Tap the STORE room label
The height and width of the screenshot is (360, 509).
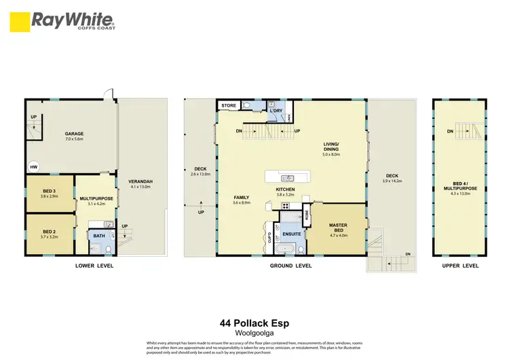(x=229, y=105)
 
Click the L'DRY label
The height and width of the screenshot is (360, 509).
(x=276, y=110)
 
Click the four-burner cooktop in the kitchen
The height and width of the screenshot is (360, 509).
(x=286, y=205)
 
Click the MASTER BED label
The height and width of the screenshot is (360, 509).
(x=338, y=228)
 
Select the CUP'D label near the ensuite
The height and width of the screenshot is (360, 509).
(x=269, y=238)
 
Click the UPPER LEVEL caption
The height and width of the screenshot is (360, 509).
(x=459, y=266)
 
